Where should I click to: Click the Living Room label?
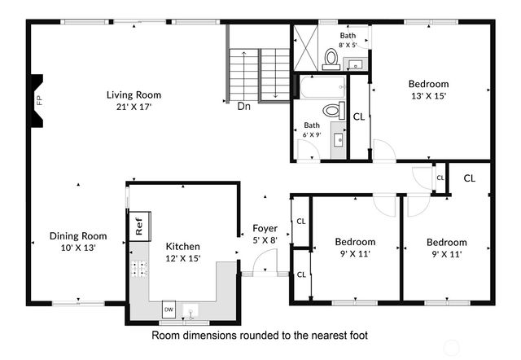[x=129, y=94]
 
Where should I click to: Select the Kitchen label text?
[x=183, y=246]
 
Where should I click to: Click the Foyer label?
[x=265, y=228]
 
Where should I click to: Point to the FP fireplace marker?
[x=38, y=100]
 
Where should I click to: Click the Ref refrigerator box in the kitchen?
[x=138, y=226]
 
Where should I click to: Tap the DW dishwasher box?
[x=169, y=310]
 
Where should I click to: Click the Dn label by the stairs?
[x=243, y=106]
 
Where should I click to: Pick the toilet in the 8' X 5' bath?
[x=331, y=56]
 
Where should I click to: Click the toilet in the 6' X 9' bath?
[x=331, y=110]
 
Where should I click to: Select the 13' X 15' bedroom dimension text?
[x=428, y=95]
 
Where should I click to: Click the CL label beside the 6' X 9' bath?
[x=358, y=116]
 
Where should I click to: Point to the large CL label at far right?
[x=470, y=178]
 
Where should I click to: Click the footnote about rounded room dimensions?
[x=260, y=335]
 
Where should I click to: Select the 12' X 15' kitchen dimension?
[x=183, y=257]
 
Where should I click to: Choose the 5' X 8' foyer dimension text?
[x=265, y=239]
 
